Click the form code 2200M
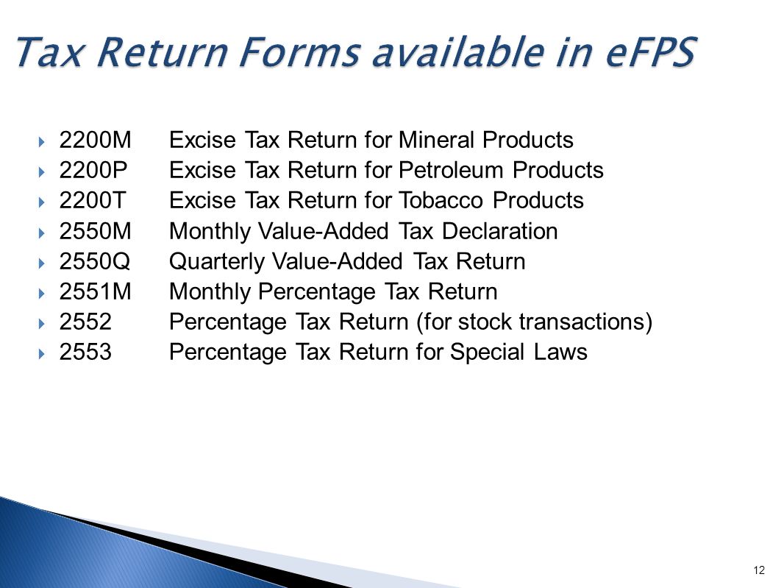coord(95,140)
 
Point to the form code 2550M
coord(95,232)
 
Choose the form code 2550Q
coord(95,262)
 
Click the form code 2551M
coord(95,292)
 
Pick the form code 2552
coord(85,322)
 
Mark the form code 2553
coord(85,353)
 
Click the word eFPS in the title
coord(635,53)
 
